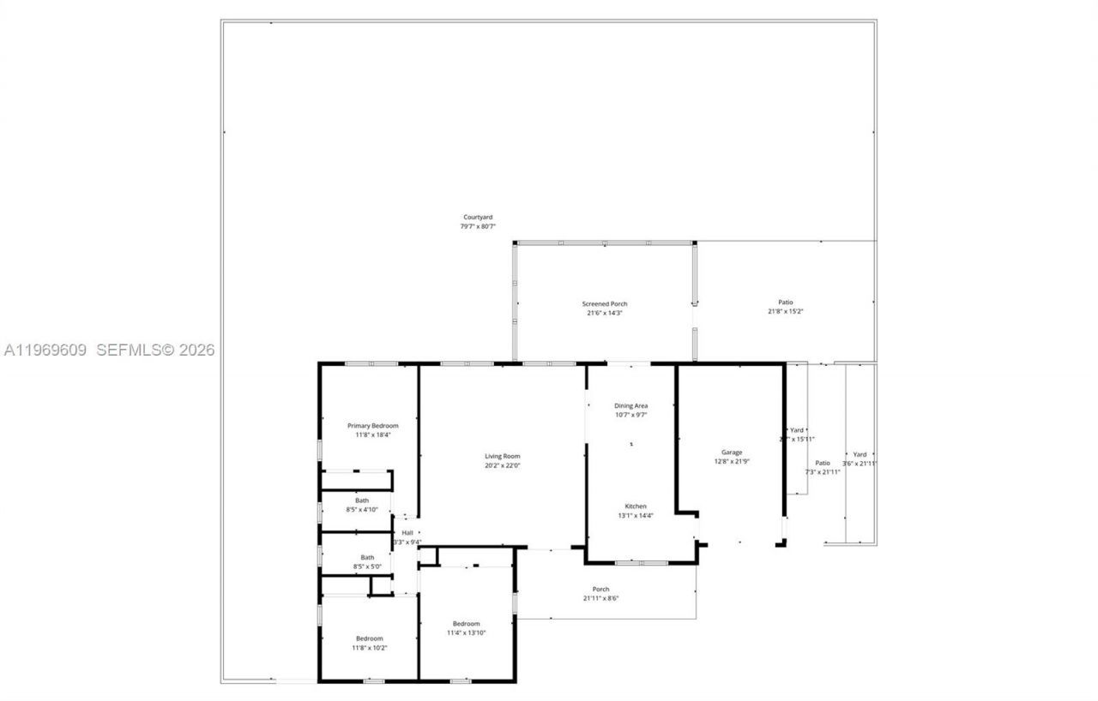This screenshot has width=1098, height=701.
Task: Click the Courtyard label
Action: click(478, 218)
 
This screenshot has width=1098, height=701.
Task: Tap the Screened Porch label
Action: click(605, 303)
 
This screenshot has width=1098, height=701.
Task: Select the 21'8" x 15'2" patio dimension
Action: click(785, 311)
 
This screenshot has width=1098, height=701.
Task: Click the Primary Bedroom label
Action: click(372, 425)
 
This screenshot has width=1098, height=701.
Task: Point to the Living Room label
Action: click(503, 456)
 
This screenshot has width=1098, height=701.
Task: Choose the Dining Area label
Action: click(630, 405)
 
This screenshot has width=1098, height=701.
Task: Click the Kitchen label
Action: click(636, 506)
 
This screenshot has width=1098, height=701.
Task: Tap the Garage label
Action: click(732, 452)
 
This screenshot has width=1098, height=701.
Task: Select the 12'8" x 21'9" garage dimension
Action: click(732, 461)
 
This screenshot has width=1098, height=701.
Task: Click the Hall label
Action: click(407, 532)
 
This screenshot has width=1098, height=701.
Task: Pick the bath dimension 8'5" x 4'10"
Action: click(362, 509)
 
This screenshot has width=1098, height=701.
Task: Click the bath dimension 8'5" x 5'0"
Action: click(367, 566)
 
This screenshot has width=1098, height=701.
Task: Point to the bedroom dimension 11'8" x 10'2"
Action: click(370, 648)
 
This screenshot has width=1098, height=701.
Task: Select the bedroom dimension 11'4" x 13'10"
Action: click(467, 632)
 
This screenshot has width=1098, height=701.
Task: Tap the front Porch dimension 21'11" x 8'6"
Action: click(601, 598)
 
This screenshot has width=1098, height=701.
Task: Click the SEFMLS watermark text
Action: click(154, 350)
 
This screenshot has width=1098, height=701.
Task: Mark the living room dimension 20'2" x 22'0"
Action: click(503, 465)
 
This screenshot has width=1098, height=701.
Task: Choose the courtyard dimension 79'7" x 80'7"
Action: click(478, 227)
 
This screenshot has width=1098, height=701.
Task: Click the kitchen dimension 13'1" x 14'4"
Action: click(636, 515)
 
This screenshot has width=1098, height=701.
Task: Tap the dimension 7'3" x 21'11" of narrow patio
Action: click(823, 472)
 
